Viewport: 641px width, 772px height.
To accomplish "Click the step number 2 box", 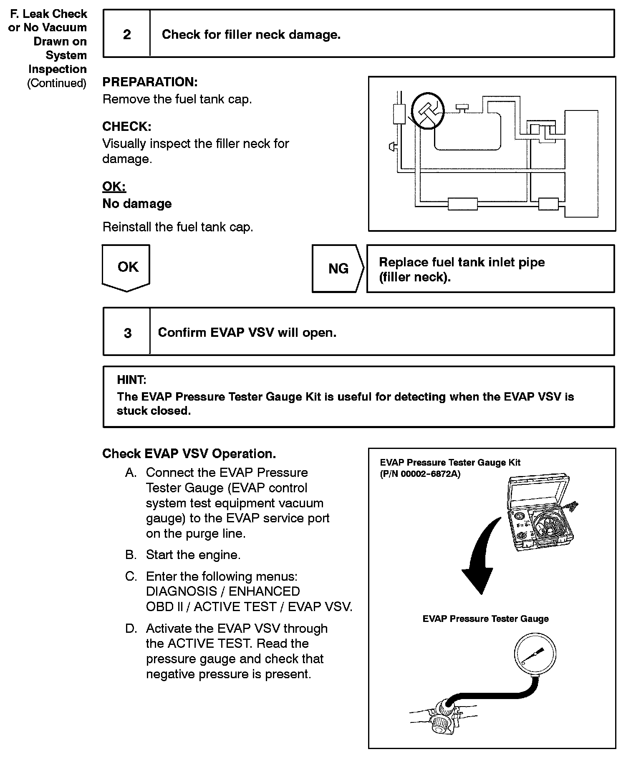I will coord(127,34).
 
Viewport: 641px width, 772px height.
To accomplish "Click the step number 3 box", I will coord(127,333).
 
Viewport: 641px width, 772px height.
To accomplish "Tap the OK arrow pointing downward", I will coord(126,268).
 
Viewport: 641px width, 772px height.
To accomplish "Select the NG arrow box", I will coord(338,268).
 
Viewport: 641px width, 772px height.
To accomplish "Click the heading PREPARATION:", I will coord(150,82).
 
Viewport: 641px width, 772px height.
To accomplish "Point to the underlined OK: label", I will coord(114,186).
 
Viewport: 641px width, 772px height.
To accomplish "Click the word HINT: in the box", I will coord(131,380).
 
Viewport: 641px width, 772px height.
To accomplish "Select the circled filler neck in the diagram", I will coord(428,110).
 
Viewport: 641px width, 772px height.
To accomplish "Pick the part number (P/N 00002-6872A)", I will coord(420,474).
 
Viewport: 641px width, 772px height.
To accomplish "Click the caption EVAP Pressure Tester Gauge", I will coord(485,619).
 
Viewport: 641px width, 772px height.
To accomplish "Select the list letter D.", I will coord(131,629).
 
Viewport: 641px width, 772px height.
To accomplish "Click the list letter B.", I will coord(131,555).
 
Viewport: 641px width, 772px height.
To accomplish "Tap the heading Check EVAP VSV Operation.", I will coord(189,454).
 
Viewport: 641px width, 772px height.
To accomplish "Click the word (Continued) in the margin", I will coord(57,83).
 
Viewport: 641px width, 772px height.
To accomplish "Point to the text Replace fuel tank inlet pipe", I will coord(462,262).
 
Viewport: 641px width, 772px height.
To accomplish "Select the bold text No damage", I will coord(137,203).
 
